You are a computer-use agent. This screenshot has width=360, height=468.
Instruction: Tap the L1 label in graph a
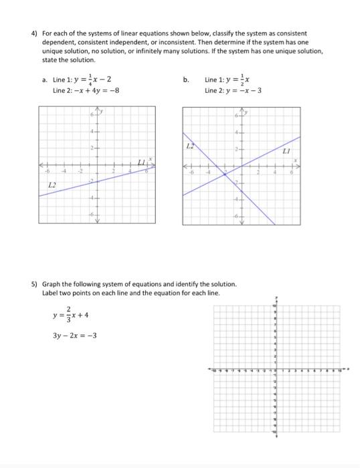point(141,162)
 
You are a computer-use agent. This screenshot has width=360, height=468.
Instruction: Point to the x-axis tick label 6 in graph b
point(292,172)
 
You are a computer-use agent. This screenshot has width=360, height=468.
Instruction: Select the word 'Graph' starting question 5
point(50,284)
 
